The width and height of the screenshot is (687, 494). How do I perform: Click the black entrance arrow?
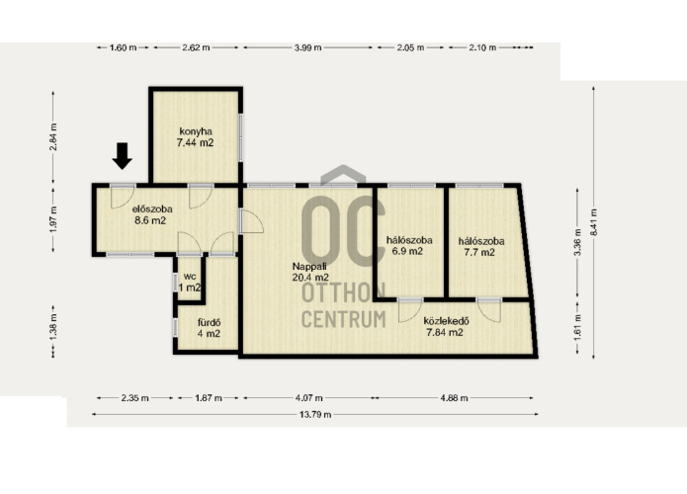(x=123, y=156)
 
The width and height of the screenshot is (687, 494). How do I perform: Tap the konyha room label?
(x=196, y=131)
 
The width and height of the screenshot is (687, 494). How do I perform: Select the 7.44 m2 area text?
(x=195, y=142)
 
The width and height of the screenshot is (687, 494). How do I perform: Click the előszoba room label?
(x=152, y=208)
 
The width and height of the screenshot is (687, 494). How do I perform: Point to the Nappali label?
(x=309, y=266)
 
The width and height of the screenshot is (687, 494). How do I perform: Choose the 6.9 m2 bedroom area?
(x=407, y=251)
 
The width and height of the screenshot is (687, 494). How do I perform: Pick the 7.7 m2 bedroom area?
(x=479, y=252)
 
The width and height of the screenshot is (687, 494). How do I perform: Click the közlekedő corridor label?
(x=446, y=321)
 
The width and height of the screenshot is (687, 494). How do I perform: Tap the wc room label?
(x=189, y=277)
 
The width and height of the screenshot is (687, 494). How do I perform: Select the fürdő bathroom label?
(x=209, y=323)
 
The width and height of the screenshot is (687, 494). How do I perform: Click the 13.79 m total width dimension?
(x=315, y=414)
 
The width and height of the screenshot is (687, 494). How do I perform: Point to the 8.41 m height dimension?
(x=594, y=222)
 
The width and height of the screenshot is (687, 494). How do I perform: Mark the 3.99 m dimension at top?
(x=308, y=47)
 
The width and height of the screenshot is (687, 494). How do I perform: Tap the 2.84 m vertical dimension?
(x=53, y=136)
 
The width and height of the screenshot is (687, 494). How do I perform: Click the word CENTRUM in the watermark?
(x=344, y=319)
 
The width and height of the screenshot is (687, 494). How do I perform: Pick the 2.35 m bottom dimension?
(x=135, y=398)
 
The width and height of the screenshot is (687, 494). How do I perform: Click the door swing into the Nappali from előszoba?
(x=253, y=221)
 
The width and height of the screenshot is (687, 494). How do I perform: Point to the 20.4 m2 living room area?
(x=310, y=277)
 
